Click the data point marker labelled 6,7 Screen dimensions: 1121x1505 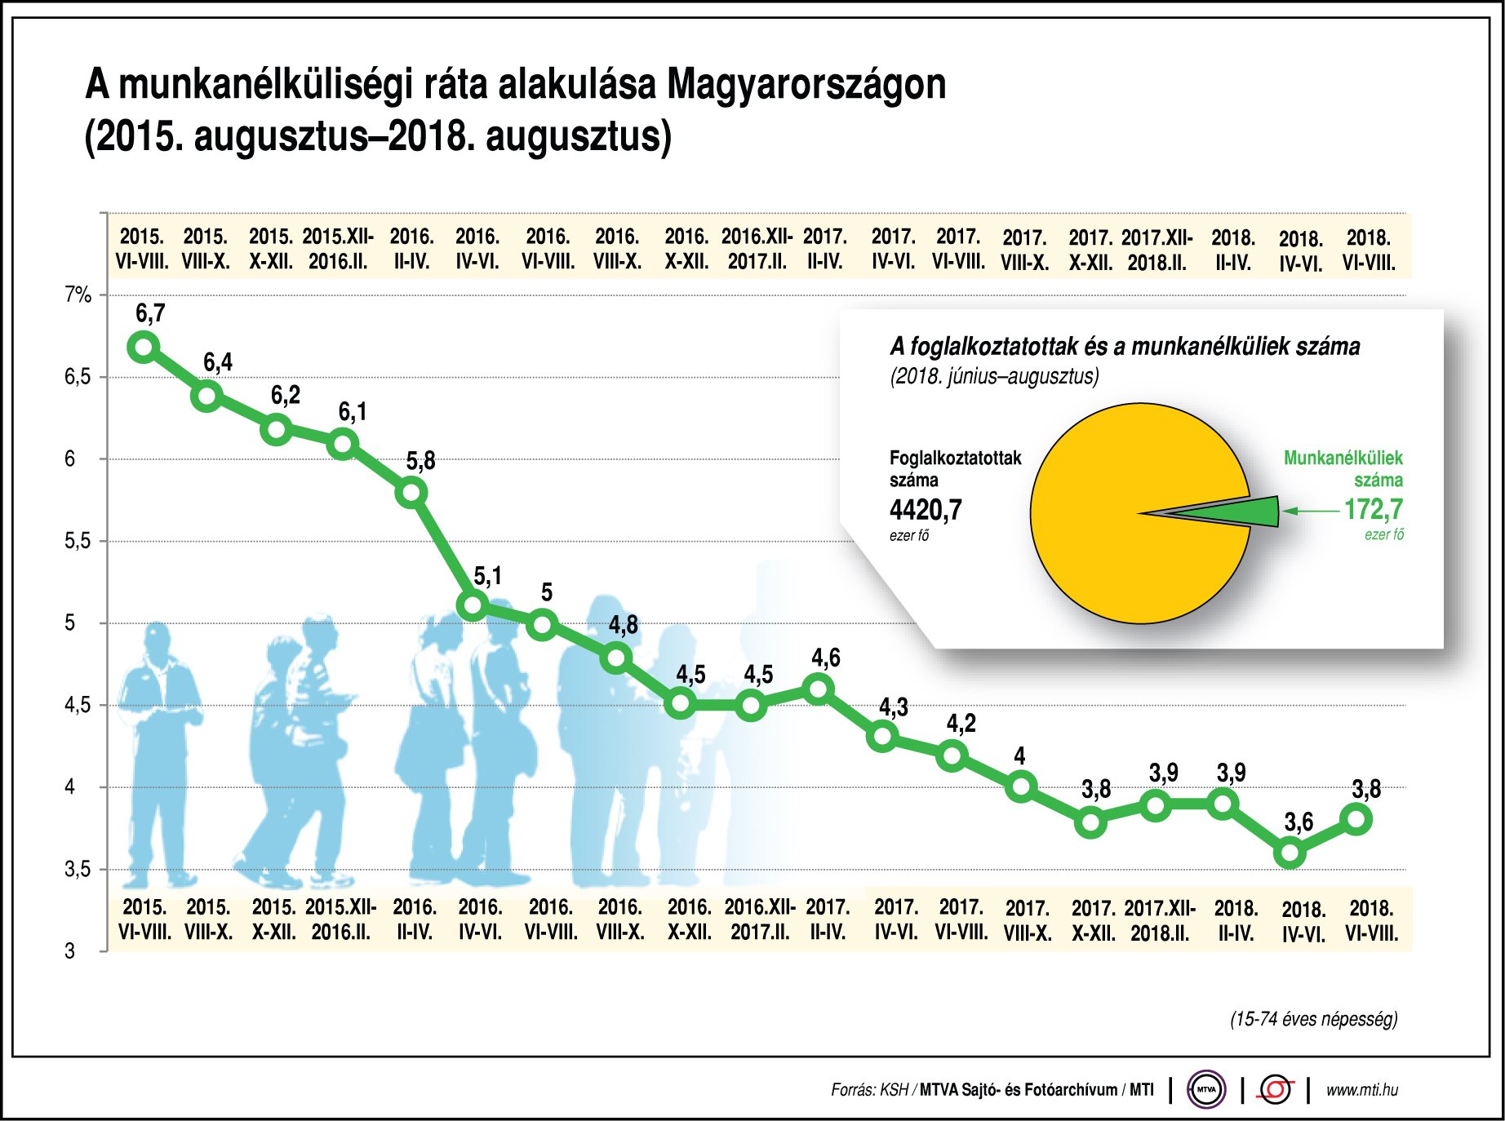tap(144, 347)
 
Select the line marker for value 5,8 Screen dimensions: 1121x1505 tap(412, 493)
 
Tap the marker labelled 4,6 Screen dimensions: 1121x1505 tap(819, 689)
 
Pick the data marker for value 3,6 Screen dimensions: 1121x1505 tap(1290, 853)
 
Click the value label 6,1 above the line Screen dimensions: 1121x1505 tap(353, 412)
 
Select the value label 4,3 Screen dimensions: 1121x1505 tap(894, 707)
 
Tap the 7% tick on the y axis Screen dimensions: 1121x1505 tap(78, 295)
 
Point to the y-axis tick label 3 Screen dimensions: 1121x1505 tap(70, 951)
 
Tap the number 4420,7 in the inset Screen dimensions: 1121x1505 tap(926, 510)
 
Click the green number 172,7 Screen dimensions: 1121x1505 tap(1374, 509)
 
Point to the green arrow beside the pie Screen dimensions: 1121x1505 tap(1311, 511)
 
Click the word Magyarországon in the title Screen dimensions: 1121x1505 tap(806, 84)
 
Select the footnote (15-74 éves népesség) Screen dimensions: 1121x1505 tap(1313, 1019)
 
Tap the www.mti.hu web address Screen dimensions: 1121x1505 tap(1362, 1090)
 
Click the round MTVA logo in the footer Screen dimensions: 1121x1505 tap(1205, 1089)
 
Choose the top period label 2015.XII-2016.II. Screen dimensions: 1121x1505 tap(338, 249)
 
